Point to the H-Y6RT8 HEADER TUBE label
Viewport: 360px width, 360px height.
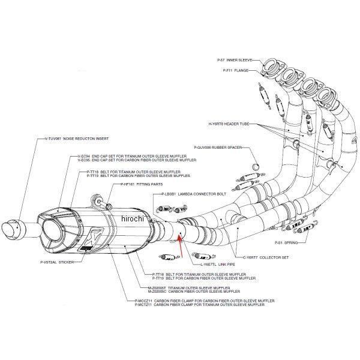point(229,123)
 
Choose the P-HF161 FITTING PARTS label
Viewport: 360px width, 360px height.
point(142,185)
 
